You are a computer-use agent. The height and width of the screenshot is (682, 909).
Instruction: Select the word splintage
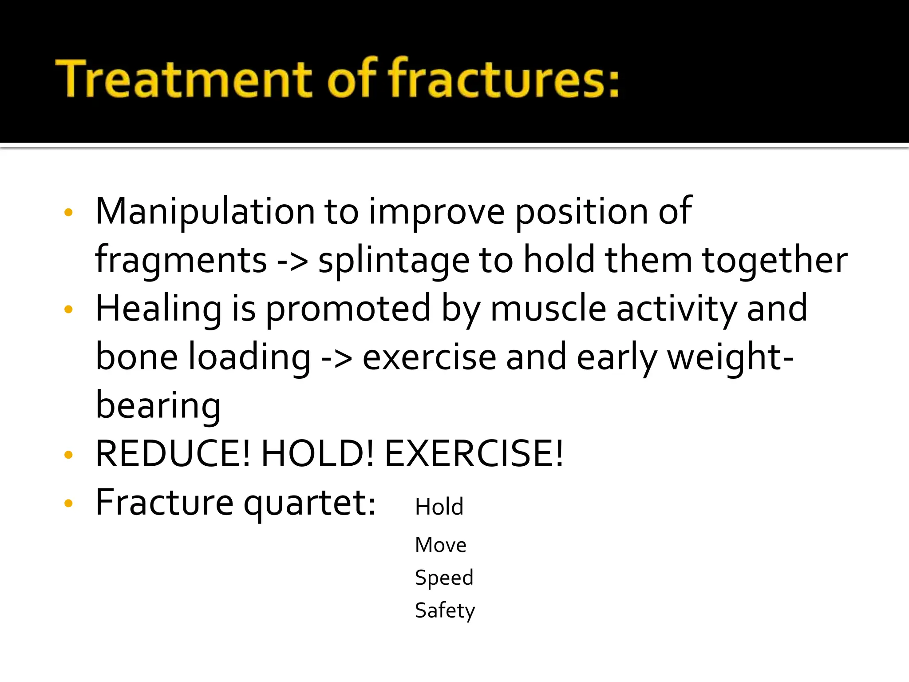394,261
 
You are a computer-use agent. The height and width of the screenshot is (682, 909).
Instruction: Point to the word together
775,261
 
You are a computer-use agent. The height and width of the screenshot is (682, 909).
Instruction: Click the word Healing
158,309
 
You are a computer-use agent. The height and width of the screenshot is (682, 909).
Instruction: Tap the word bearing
158,406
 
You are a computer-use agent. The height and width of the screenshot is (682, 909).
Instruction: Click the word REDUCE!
173,454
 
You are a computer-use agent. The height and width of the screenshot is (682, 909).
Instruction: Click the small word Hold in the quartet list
439,507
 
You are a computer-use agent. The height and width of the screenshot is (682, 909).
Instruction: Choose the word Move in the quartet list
440,545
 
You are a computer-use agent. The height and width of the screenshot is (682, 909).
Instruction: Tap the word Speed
444,578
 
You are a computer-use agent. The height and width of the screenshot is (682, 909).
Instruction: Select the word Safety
445,611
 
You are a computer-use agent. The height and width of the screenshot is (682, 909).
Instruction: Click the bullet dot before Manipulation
68,212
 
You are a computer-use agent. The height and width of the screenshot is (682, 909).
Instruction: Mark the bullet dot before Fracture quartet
68,503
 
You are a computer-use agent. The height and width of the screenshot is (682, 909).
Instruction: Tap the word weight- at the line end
730,357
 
